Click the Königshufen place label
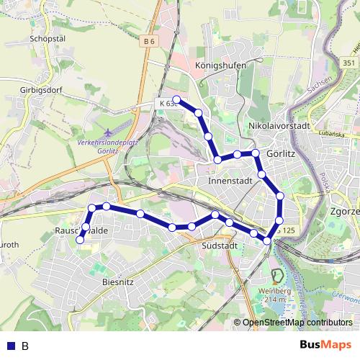[x=220, y=65]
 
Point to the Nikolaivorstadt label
[x=278, y=125]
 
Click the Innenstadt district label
[x=228, y=181]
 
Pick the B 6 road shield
[x=149, y=42]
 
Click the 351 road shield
[x=348, y=63]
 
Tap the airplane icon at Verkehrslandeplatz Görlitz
[x=107, y=132]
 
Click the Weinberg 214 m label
[x=279, y=294]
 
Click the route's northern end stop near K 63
[x=176, y=100]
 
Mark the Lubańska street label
[x=333, y=134]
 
